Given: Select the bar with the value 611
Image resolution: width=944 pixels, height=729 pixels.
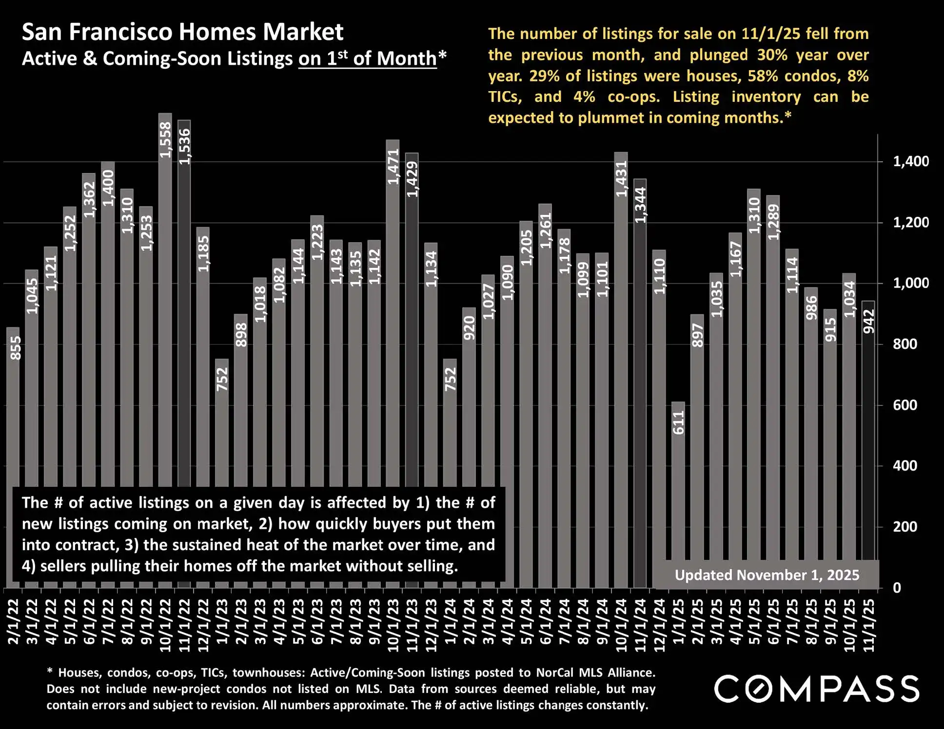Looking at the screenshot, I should (678, 487).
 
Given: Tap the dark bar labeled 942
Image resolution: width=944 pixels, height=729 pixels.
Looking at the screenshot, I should (868, 439).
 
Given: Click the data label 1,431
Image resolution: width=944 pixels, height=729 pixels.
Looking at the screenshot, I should (621, 179).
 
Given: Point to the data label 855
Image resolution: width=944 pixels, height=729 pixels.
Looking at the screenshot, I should (16, 348).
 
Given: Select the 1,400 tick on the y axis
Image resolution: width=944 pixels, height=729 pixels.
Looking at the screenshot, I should (910, 161).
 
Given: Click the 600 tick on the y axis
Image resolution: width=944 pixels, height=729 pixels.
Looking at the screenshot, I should (905, 405).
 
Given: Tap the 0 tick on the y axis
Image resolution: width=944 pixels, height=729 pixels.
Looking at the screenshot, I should (897, 588).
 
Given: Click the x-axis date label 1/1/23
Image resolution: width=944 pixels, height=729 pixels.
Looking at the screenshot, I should (222, 621).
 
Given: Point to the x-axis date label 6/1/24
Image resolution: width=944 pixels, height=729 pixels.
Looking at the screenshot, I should (546, 621).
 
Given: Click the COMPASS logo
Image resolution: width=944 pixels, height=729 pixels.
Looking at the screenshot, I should (817, 689).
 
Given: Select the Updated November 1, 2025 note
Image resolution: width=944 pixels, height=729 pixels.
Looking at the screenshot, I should (767, 575).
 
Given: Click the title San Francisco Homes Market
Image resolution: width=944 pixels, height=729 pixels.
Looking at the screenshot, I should (182, 32).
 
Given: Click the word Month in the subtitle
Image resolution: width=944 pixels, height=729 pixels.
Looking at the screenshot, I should (406, 58).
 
